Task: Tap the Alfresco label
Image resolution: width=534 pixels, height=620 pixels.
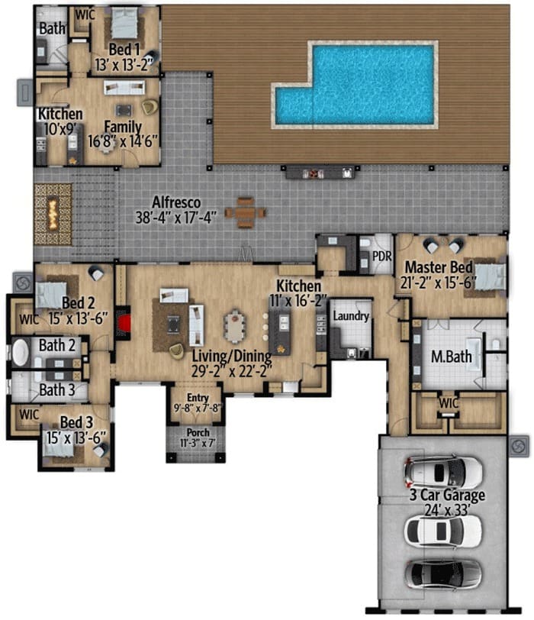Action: [x=176, y=202]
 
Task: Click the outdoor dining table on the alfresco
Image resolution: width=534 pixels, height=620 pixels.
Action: [x=246, y=213]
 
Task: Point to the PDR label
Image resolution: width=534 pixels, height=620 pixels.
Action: [x=382, y=257]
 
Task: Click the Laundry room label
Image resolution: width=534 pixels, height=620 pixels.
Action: [x=351, y=315]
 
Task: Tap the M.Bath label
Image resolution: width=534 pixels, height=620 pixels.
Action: [x=451, y=357]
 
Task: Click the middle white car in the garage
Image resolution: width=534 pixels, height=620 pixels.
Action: [x=442, y=531]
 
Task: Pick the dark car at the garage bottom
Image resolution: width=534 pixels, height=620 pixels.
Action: [x=442, y=574]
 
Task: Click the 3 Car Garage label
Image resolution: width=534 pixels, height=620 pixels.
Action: [x=447, y=495]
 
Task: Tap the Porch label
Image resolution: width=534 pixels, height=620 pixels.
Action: [x=198, y=432]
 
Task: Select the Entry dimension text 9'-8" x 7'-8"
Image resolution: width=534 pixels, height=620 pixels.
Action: [x=198, y=408]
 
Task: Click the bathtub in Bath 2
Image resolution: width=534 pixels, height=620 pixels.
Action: [x=21, y=352]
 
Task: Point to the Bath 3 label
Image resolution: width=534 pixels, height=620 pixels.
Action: [x=57, y=390]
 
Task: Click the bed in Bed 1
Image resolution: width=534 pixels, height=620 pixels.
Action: [x=124, y=23]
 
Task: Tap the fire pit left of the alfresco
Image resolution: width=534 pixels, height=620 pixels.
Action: [x=53, y=214]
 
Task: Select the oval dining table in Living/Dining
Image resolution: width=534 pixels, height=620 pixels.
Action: [x=235, y=326]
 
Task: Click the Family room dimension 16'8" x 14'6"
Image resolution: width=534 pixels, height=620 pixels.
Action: [x=123, y=141]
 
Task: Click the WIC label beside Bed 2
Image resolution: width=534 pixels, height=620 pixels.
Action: [x=29, y=319]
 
